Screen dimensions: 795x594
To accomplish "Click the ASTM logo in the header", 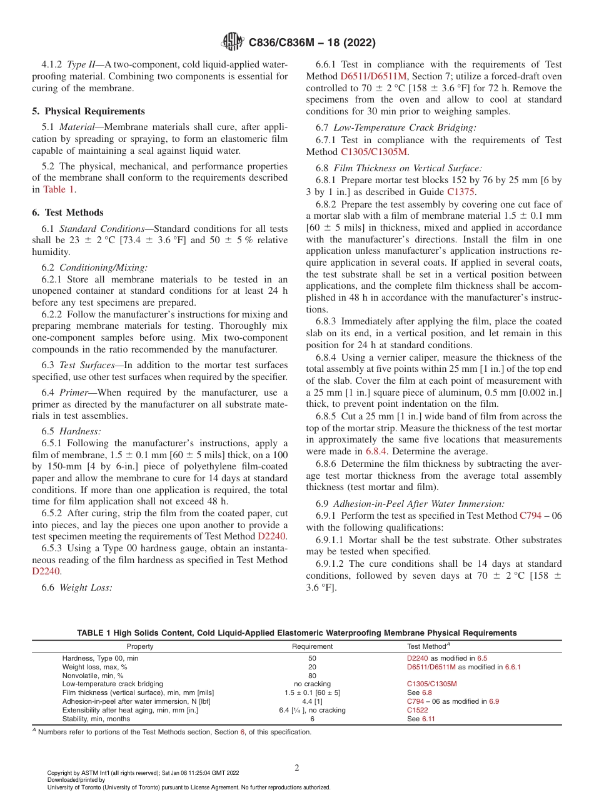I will coord(233,42).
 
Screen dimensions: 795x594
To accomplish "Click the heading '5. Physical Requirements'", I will coord(88,111).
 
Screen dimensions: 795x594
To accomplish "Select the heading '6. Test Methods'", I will coord(68,212).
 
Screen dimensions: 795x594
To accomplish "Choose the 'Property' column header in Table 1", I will coord(139,646).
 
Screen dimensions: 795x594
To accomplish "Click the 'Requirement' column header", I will coord(312,646).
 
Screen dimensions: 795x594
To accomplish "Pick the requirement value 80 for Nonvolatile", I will coord(312,676).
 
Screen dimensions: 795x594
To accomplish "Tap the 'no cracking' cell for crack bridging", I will coord(312,684).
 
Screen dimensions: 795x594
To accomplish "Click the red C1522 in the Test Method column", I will coord(417,711).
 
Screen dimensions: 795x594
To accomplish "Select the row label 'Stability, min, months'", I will coord(96,719).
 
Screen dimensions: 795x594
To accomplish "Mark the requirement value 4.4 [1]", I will coord(312,702).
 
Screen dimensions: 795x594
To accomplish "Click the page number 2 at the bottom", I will coord(297,767).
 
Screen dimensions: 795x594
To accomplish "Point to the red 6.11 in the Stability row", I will coord(428,719).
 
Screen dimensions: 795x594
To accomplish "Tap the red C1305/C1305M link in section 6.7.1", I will coord(374,152).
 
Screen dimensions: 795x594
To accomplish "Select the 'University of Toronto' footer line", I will coord(189,787).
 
